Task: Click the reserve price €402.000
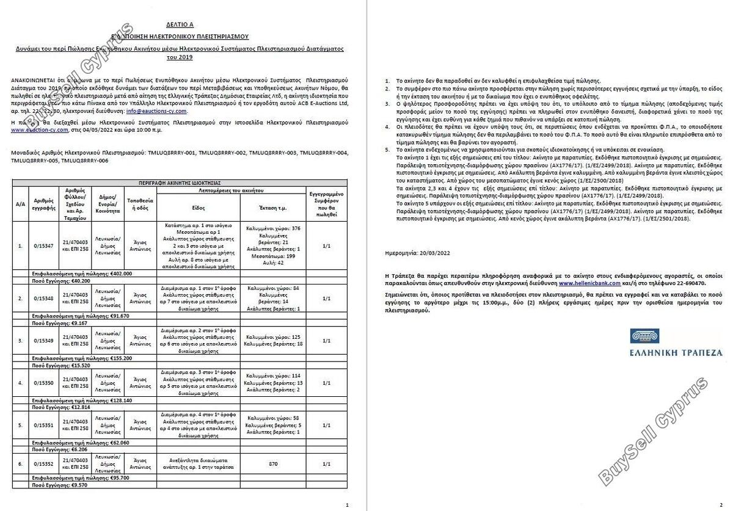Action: [x=117, y=274]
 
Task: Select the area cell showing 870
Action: [x=273, y=464]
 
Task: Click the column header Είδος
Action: [x=198, y=208]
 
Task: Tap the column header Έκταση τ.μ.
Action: [x=273, y=208]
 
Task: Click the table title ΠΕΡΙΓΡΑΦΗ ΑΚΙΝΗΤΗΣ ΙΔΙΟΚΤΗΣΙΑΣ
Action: [x=179, y=182]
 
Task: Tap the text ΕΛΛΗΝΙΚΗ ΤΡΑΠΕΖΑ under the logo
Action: [x=676, y=352]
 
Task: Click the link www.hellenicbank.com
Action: [x=589, y=284]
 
